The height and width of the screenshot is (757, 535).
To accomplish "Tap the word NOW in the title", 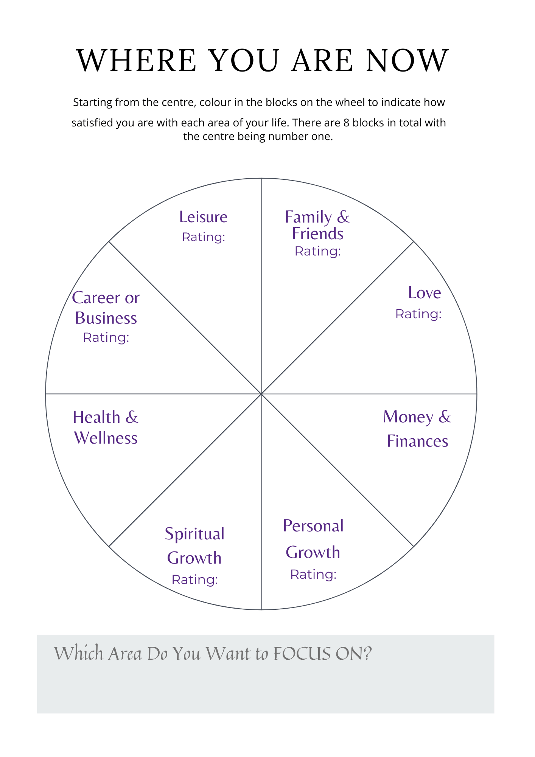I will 407,61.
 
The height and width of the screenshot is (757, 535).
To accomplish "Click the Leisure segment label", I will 203,217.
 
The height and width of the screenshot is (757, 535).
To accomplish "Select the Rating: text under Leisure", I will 204,237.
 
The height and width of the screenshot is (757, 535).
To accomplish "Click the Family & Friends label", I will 317,225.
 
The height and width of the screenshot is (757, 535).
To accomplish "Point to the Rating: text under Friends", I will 318,251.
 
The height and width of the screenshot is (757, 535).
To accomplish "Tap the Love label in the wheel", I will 424,293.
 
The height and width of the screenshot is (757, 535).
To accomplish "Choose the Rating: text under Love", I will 418,314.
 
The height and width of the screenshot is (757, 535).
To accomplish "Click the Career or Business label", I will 106,308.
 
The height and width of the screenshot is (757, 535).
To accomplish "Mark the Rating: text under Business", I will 106,338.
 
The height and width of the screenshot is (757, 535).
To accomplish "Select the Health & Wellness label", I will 106,428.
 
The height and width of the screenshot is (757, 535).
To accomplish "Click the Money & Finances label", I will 417,429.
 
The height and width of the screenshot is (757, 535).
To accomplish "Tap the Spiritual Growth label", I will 194,546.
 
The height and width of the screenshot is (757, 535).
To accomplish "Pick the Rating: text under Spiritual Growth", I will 195,580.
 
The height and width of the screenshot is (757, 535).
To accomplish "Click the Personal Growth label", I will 313,539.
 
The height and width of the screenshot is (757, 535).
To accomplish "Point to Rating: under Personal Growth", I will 313,575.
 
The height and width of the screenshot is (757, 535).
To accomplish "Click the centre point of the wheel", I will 261,394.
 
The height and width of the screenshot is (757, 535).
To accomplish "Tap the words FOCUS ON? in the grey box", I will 322,654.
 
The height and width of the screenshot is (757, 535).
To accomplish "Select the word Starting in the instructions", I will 93,103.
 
